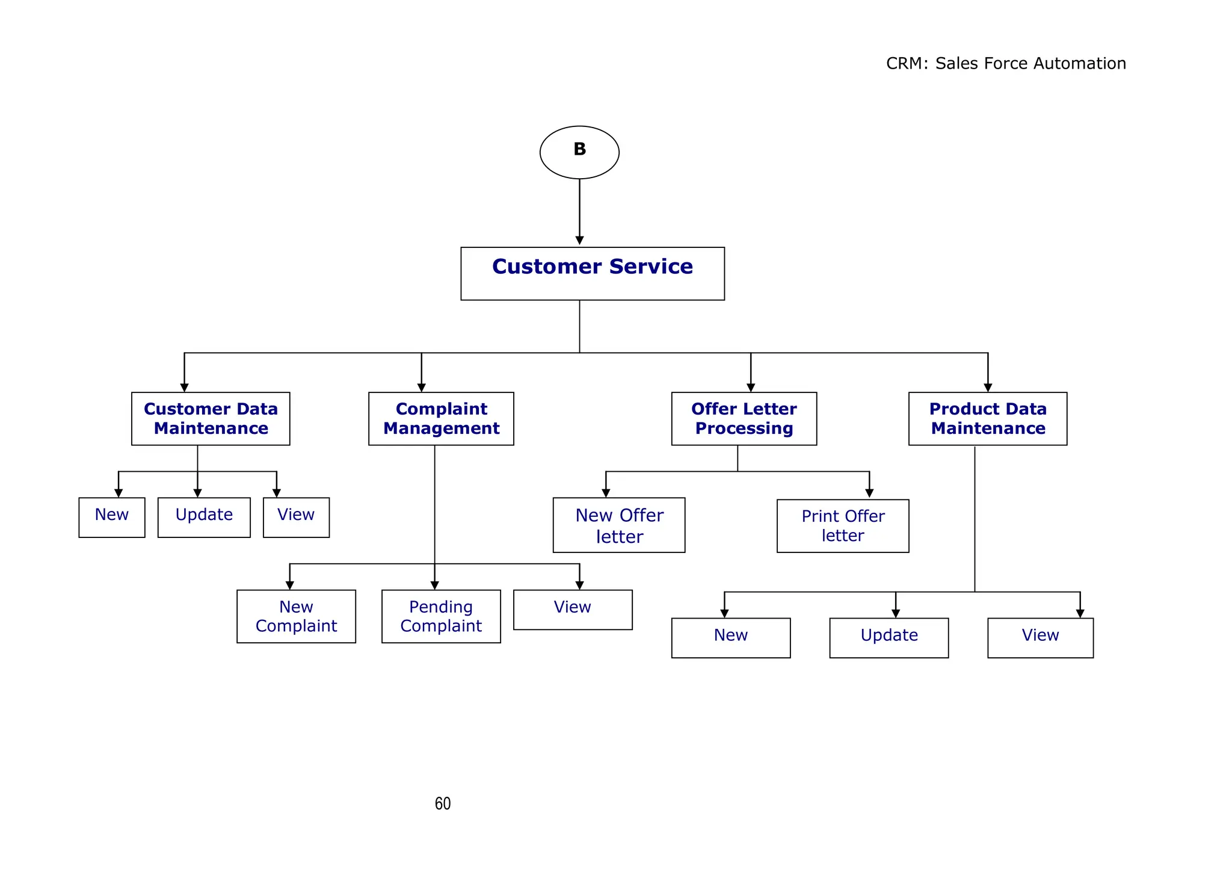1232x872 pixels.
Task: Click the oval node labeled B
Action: (579, 152)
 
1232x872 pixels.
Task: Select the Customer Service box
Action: (592, 273)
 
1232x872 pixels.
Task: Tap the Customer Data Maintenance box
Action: (211, 419)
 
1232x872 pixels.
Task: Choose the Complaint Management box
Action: (441, 419)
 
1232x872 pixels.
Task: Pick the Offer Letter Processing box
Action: (744, 419)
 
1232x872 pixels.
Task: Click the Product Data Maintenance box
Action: (987, 419)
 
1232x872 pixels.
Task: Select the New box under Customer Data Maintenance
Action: (112, 517)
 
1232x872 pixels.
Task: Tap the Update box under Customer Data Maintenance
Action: (204, 517)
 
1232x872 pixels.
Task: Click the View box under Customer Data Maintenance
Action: (296, 517)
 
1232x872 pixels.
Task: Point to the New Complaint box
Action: (296, 616)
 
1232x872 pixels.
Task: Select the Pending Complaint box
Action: (441, 616)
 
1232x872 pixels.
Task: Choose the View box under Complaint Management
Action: (573, 610)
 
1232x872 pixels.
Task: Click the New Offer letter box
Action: (619, 525)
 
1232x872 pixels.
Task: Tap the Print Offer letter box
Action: (843, 525)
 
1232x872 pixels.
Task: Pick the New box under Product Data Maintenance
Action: (731, 638)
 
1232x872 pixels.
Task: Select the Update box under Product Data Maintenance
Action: (889, 638)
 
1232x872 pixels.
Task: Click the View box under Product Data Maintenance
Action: (1040, 638)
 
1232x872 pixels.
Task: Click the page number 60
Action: (443, 803)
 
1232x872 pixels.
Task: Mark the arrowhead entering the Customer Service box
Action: (579, 241)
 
